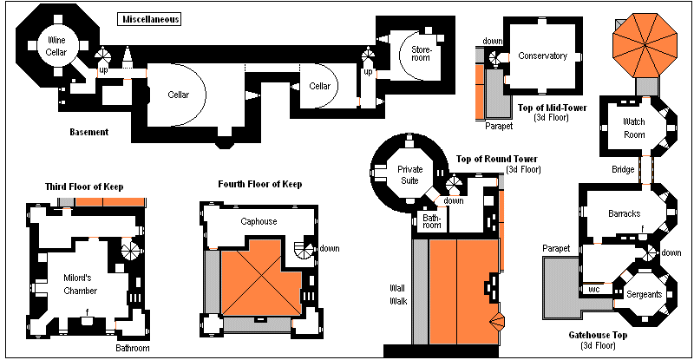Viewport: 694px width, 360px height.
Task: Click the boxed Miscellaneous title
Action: [149, 19]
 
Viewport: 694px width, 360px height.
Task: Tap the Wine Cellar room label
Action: [56, 46]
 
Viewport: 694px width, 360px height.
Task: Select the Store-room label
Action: [421, 54]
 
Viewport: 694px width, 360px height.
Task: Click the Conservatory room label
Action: [543, 56]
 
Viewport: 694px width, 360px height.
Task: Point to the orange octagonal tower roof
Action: [645, 45]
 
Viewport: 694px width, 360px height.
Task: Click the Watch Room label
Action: [634, 128]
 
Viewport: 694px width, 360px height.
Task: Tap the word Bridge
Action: [623, 170]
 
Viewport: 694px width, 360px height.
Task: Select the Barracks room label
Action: [624, 214]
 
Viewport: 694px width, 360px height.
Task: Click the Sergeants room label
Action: [644, 294]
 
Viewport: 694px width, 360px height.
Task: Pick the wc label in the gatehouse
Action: [594, 290]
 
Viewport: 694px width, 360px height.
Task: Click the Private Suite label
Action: [409, 175]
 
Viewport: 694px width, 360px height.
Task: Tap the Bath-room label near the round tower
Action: [431, 221]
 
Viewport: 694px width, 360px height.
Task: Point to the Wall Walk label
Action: [398, 295]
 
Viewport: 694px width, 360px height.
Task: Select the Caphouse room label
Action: [259, 221]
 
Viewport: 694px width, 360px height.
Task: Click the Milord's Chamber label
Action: [80, 285]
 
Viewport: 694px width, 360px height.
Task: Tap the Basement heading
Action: [89, 132]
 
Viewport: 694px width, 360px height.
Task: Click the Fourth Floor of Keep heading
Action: [259, 184]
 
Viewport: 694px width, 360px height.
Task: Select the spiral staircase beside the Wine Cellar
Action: [103, 57]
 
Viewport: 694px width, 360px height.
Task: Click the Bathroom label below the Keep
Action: [133, 348]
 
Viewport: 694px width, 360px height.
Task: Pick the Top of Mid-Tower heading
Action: [552, 108]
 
